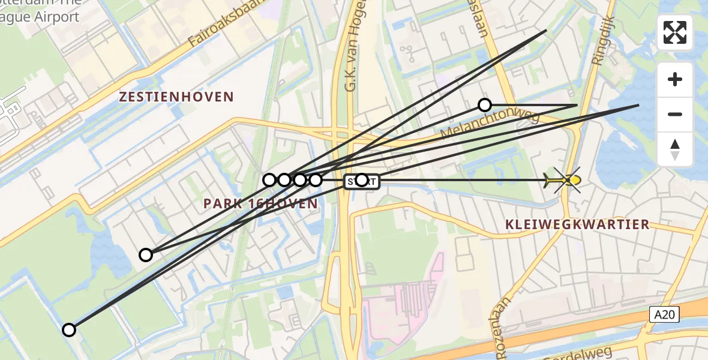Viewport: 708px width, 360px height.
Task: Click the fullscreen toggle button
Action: tap(675, 32)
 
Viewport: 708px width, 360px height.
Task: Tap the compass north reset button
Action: tap(675, 149)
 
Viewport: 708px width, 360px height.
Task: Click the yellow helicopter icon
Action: tap(564, 180)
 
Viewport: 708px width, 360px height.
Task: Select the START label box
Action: tap(362, 181)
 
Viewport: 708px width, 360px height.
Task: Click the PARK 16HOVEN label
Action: tap(260, 204)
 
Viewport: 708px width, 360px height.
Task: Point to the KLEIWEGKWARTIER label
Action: tap(577, 225)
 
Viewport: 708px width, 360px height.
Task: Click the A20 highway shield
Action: tap(664, 314)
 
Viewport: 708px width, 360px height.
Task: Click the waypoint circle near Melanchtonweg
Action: tap(484, 106)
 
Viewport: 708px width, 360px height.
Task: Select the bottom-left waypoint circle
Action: tap(69, 329)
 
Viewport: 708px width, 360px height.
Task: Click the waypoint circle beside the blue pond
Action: tap(146, 255)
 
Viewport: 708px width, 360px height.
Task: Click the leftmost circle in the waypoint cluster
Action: tap(269, 180)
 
